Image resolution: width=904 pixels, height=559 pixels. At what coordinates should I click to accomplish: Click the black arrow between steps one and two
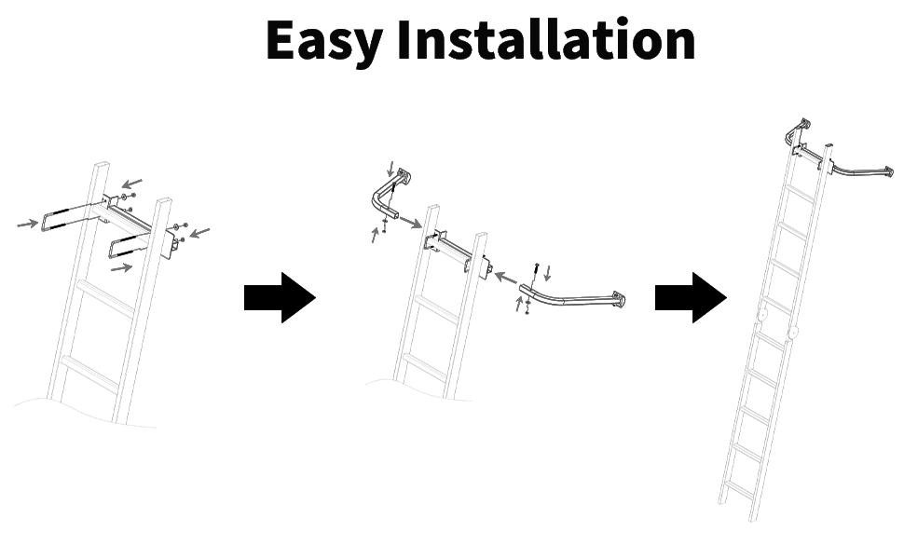pyautogui.click(x=280, y=298)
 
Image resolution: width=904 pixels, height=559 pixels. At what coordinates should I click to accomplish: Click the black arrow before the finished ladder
pyautogui.click(x=691, y=298)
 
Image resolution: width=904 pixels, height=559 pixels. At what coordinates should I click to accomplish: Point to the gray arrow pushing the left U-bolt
pyautogui.click(x=28, y=224)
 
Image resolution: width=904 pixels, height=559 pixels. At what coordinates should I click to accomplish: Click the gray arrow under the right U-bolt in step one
pyautogui.click(x=121, y=269)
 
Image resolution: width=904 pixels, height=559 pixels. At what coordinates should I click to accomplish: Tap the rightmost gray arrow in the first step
pyautogui.click(x=200, y=231)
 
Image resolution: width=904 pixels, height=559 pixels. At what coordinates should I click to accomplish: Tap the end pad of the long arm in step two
pyautogui.click(x=616, y=301)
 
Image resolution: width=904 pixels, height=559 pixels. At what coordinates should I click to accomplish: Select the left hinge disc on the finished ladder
pyautogui.click(x=763, y=315)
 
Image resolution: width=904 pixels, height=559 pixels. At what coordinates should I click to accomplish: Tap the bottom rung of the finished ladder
pyautogui.click(x=738, y=486)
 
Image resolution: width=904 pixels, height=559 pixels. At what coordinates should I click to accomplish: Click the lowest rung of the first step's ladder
pyautogui.click(x=90, y=373)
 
